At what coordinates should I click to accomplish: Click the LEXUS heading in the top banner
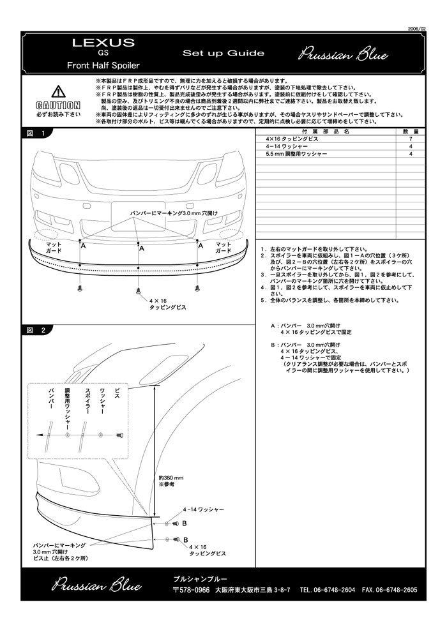point(103,43)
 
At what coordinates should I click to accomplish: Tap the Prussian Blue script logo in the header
point(343,54)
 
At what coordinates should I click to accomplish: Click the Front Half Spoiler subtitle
point(103,65)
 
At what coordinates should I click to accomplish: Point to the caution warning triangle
point(58,91)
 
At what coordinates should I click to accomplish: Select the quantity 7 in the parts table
point(411,139)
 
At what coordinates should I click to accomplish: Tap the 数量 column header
point(411,131)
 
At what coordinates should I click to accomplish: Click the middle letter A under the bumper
point(141,247)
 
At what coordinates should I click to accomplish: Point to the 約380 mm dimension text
point(171,478)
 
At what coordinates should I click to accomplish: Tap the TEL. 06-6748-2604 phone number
point(328,590)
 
